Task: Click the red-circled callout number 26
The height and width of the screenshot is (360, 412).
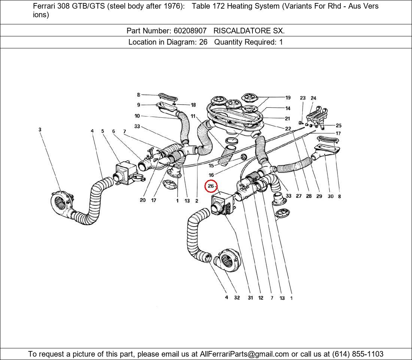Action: [x=211, y=186]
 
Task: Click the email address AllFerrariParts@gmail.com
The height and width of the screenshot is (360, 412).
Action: [x=245, y=354]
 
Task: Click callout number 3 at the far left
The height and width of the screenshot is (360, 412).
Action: [x=40, y=130]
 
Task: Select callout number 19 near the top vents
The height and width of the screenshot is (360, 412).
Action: [x=288, y=98]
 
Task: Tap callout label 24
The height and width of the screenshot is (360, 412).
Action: [x=313, y=98]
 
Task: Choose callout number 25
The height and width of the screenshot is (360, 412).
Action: [x=338, y=126]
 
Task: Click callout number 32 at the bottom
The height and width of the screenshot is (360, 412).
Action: [x=237, y=298]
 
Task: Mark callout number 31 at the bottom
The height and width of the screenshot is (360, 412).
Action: [x=250, y=298]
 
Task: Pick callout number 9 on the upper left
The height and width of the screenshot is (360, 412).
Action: [x=139, y=105]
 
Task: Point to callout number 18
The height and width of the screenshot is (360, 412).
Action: [x=193, y=105]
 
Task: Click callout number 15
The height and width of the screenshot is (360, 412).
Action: [x=211, y=165]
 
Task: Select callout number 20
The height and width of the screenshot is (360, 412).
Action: [x=142, y=200]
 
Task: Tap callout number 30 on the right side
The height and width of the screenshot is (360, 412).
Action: [x=330, y=196]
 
